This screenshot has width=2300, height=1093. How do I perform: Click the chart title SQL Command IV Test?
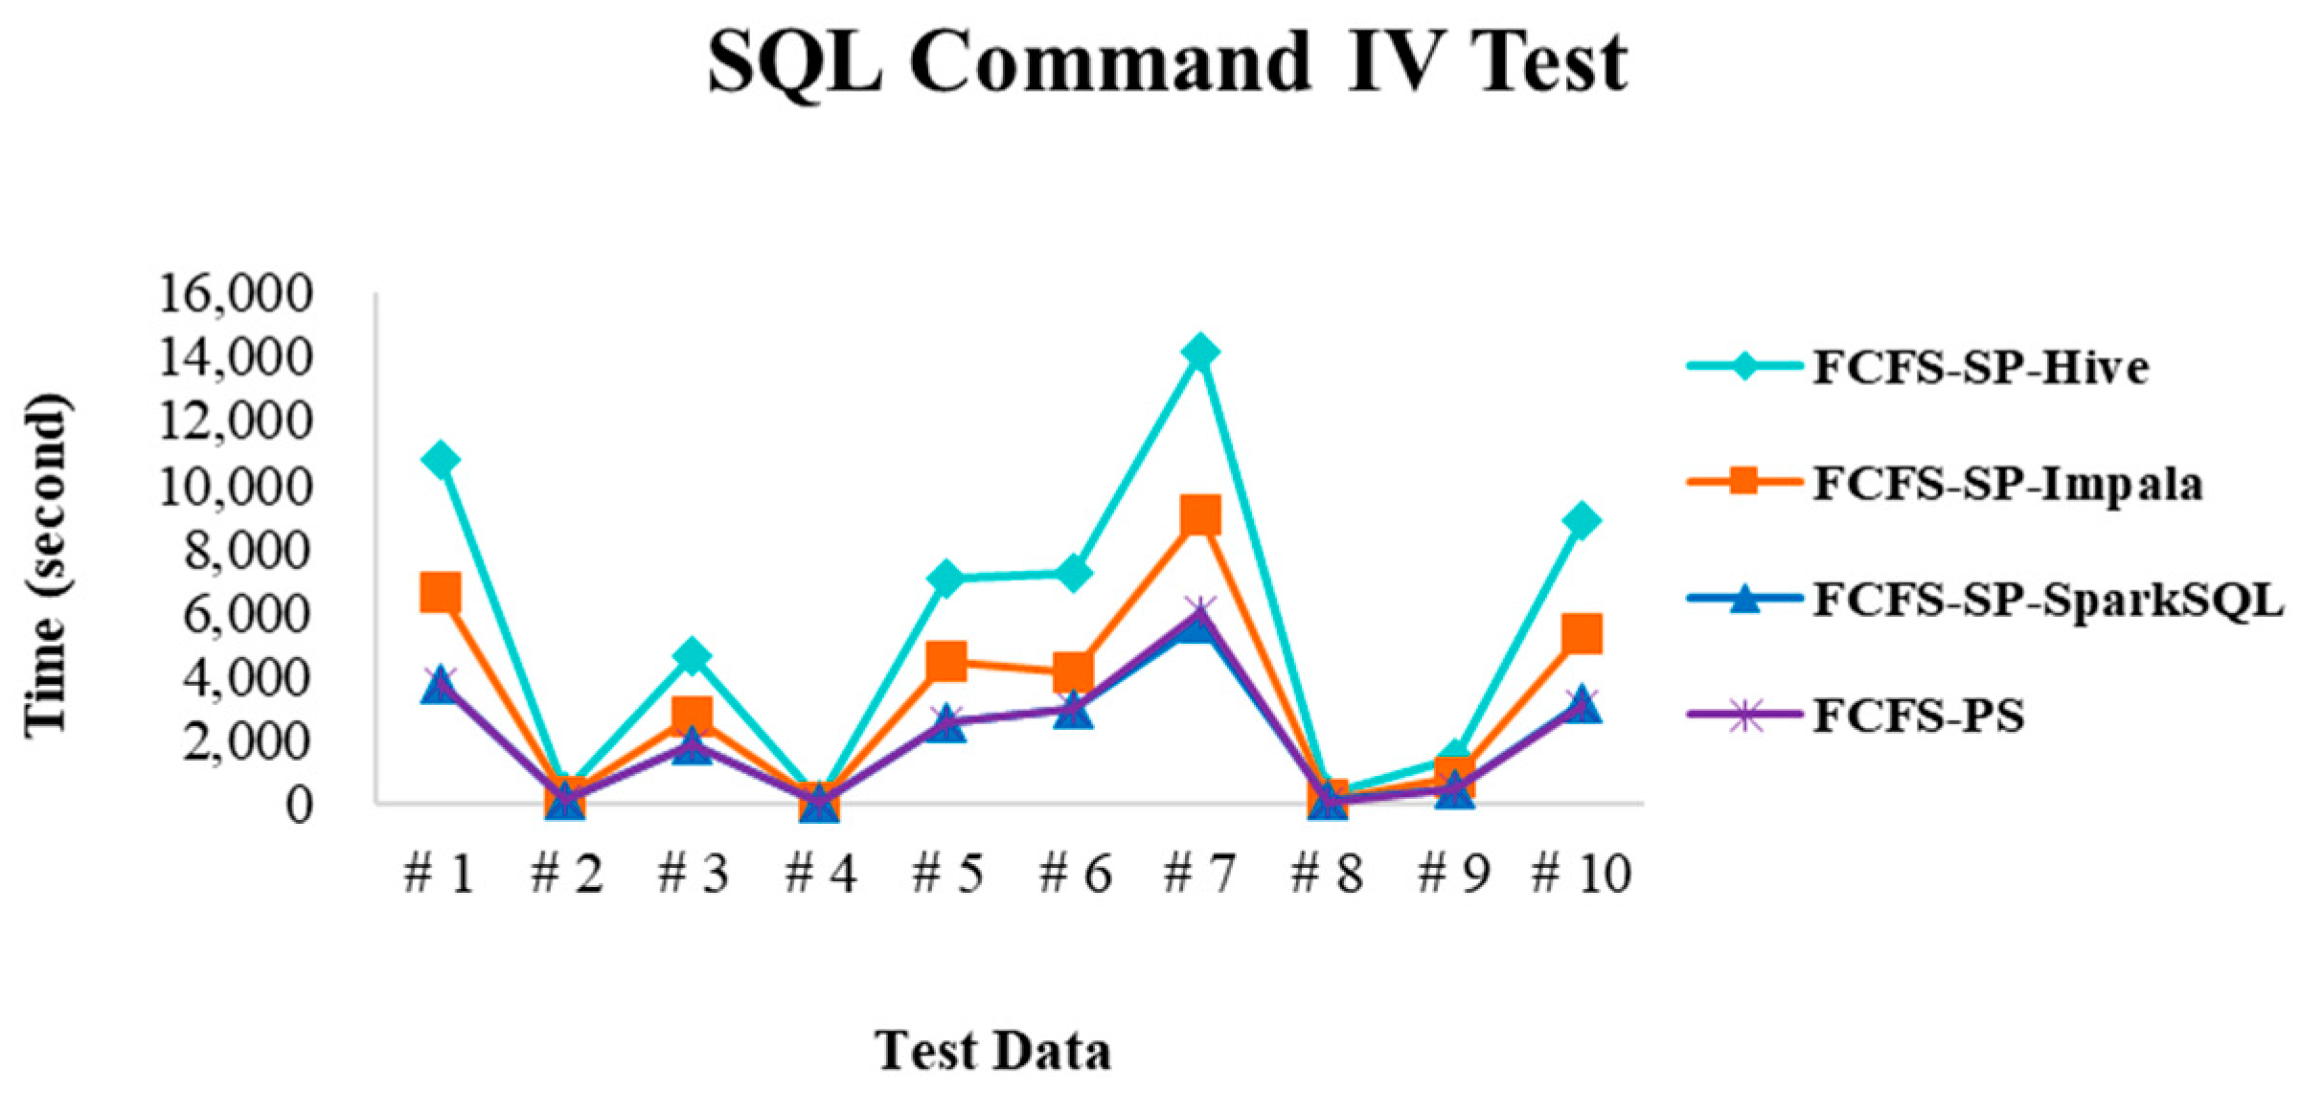click(x=1167, y=62)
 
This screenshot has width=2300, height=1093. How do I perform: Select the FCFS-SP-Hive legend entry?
click(x=1979, y=368)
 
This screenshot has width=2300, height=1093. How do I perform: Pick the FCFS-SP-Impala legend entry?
click(x=2007, y=484)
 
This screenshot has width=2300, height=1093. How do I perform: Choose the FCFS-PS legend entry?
click(x=1918, y=717)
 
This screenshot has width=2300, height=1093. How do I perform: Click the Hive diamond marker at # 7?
click(x=1200, y=353)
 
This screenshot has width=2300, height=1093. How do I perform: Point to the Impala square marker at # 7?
click(x=1200, y=516)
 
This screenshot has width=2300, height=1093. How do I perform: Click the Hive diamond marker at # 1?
click(x=440, y=460)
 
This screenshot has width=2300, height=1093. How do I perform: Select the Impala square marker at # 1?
click(x=440, y=593)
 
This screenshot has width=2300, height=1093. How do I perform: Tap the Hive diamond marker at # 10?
click(x=1581, y=521)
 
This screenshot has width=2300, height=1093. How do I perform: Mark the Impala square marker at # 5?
click(x=946, y=661)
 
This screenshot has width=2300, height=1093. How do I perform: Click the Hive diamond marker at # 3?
click(x=693, y=656)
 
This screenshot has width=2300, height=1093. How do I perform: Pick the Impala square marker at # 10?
click(x=1581, y=633)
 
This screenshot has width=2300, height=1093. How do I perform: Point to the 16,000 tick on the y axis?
click(x=236, y=294)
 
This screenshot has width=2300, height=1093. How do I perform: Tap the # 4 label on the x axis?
click(x=820, y=874)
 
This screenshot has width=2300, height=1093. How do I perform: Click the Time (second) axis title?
click(x=46, y=565)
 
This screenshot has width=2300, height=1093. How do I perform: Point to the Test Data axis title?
click(x=992, y=1051)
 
